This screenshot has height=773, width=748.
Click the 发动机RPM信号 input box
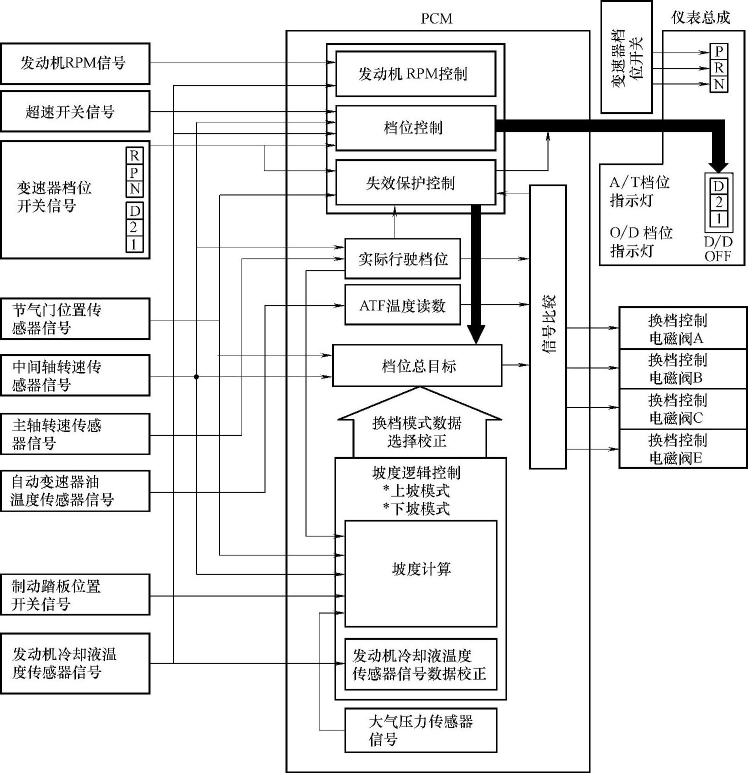click(x=75, y=63)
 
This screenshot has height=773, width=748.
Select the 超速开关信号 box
click(x=75, y=111)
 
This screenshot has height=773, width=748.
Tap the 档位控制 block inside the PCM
click(x=415, y=128)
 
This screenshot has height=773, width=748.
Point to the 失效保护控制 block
click(x=415, y=182)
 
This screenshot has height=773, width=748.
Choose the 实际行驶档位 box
click(x=402, y=259)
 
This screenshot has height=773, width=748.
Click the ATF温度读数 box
click(x=402, y=305)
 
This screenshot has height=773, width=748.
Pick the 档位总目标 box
click(x=417, y=366)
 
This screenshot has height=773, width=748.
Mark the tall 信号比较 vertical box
click(x=548, y=327)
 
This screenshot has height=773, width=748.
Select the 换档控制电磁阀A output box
click(x=683, y=328)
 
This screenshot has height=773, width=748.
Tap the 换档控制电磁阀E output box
click(x=683, y=449)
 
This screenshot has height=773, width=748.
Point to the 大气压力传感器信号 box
click(x=420, y=730)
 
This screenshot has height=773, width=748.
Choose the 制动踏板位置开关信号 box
click(x=75, y=594)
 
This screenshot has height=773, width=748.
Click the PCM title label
click(x=436, y=19)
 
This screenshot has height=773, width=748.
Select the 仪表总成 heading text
click(x=700, y=18)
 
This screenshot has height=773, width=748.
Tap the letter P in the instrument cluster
click(x=719, y=51)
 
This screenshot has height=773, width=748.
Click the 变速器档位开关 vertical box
click(x=626, y=57)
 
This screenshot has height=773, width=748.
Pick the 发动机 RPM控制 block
click(x=415, y=74)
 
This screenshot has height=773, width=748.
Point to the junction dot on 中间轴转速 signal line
click(x=196, y=377)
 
